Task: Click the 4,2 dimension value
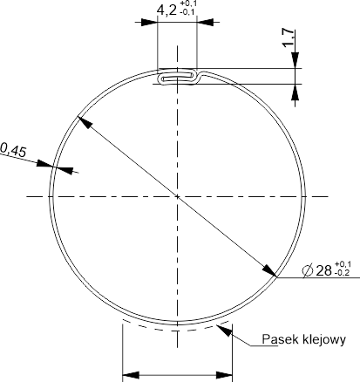click(x=166, y=10)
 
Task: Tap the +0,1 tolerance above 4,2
click(x=187, y=3)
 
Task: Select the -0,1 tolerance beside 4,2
click(x=187, y=12)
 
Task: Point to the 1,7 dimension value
click(x=289, y=38)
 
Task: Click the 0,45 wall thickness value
click(x=13, y=150)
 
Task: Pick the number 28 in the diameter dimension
click(x=323, y=270)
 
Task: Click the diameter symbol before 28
click(x=308, y=270)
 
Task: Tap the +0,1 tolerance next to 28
click(x=343, y=264)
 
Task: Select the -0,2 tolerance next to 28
click(x=343, y=273)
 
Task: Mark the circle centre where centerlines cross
click(x=177, y=197)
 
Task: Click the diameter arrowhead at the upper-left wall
click(x=85, y=122)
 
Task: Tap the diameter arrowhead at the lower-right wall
click(x=269, y=271)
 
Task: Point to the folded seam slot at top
click(x=178, y=77)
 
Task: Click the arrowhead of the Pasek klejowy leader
click(x=225, y=331)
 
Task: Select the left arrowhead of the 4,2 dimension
click(x=149, y=22)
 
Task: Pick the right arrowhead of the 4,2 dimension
click(x=205, y=22)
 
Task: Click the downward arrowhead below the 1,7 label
click(x=295, y=60)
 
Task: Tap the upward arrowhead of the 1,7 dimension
click(x=295, y=92)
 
